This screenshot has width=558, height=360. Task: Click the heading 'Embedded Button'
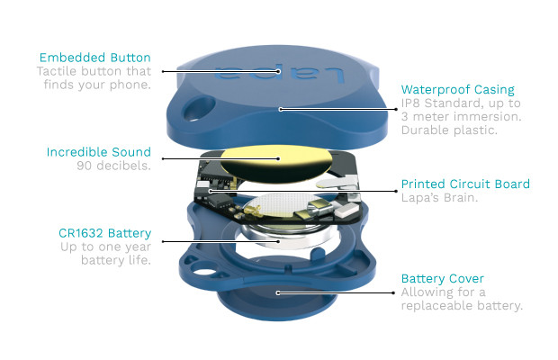pyautogui.click(x=95, y=58)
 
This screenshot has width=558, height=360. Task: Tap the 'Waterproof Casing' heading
pyautogui.click(x=457, y=90)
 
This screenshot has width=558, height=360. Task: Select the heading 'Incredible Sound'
pyautogui.click(x=99, y=152)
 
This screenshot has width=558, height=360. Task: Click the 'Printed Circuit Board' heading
pyautogui.click(x=465, y=184)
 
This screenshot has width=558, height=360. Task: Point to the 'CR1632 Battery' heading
pyautogui.click(x=105, y=233)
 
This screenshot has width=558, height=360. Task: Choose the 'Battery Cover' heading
pyautogui.click(x=443, y=278)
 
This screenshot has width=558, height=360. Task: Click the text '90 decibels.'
pyautogui.click(x=114, y=166)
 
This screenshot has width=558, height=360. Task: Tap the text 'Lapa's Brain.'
pyautogui.click(x=439, y=198)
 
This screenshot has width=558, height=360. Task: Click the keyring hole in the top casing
pyautogui.click(x=199, y=108)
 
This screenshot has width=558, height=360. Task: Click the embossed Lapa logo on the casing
pyautogui.click(x=279, y=72)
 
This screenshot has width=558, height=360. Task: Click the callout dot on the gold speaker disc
pyautogui.click(x=279, y=158)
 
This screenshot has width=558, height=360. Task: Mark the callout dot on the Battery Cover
pyautogui.click(x=278, y=292)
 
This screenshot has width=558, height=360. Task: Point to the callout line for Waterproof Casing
pyautogui.click(x=338, y=109)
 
